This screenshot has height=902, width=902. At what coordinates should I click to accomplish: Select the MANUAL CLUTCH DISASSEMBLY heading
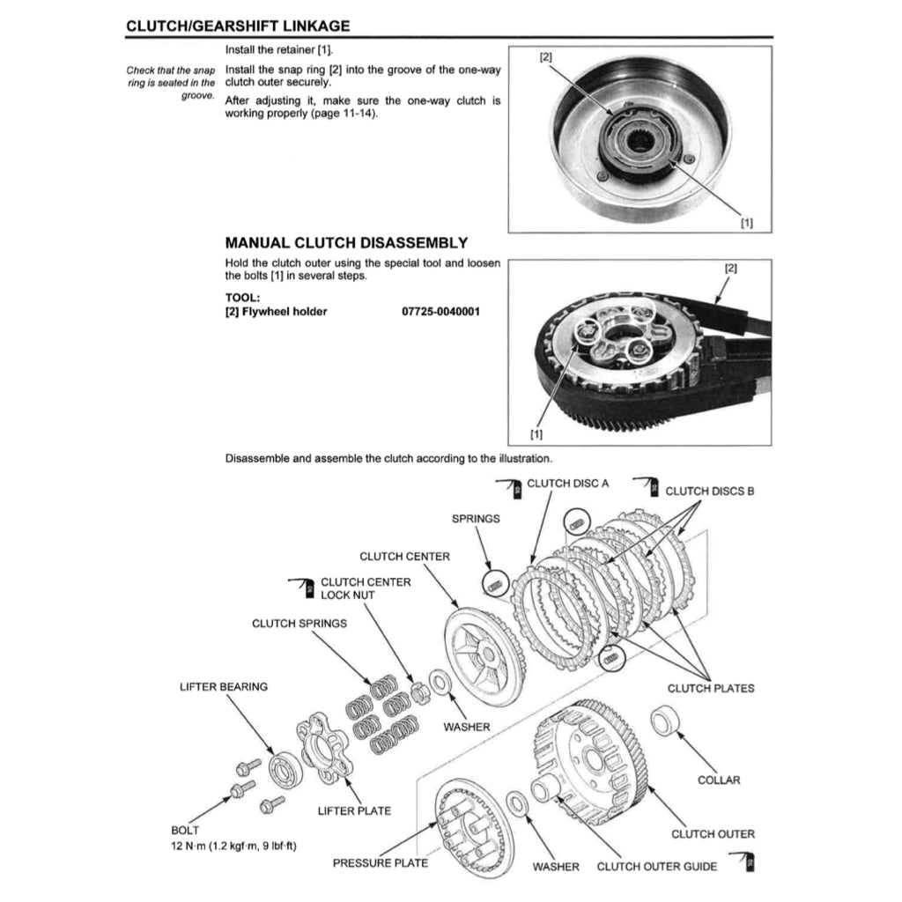pos(346,242)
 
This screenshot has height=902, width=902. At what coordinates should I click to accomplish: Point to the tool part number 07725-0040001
pos(440,311)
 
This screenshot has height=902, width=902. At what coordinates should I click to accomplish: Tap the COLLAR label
pos(718,780)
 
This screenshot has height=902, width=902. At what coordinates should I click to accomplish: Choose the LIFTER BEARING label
pos(223,686)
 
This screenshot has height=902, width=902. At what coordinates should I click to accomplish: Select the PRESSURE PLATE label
pos(380,862)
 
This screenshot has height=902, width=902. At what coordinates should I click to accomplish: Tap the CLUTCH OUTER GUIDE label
pos(656,866)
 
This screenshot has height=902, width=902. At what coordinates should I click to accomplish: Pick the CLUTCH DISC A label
pos(567,483)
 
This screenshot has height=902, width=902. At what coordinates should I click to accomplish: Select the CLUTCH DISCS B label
pos(709,491)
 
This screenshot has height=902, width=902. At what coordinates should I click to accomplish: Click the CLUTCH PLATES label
pos(710,688)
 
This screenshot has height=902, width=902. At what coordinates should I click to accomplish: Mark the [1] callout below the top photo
pos(747,224)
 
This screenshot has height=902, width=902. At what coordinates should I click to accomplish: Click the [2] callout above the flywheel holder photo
pos(730,266)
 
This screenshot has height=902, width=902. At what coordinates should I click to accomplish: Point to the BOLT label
pos(185,830)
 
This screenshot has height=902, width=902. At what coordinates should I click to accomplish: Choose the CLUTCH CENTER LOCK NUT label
pos(365,588)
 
